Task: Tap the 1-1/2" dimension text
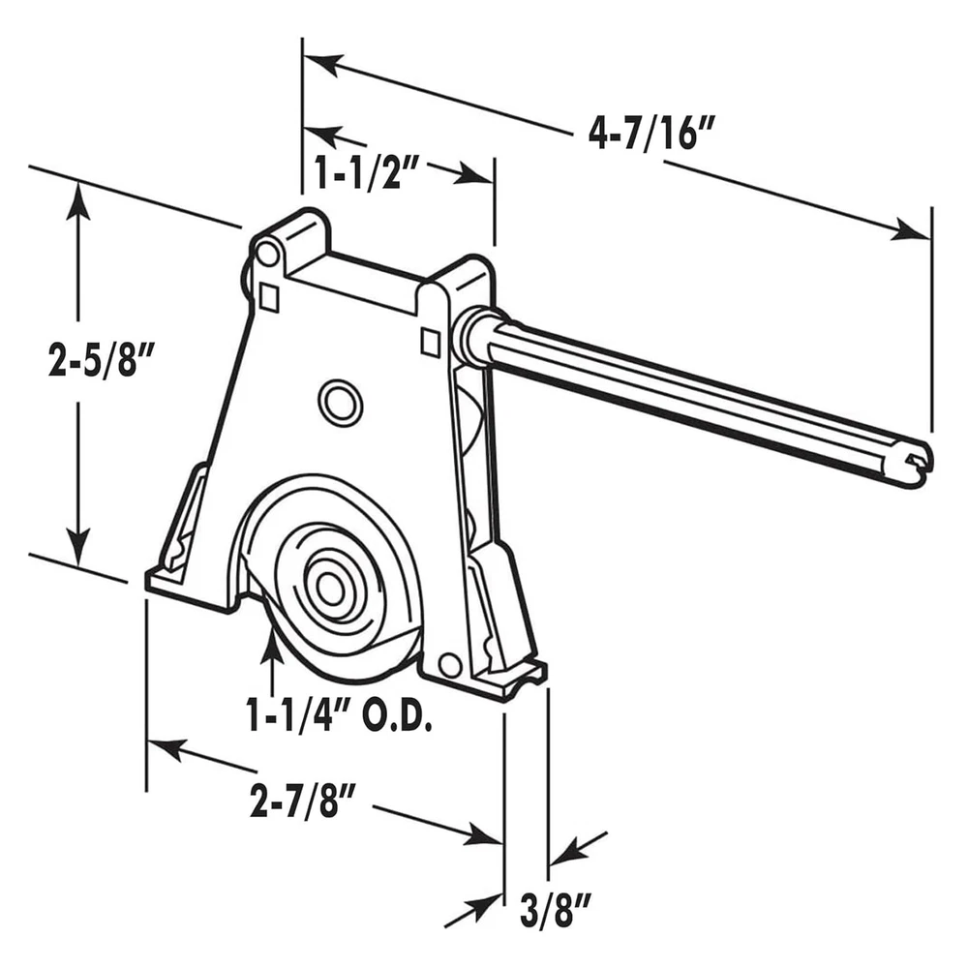coord(367,171)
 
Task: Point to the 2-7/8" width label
coord(304,802)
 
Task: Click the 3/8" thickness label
coord(556,913)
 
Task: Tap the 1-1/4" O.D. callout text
coord(338,714)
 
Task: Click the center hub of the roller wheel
coord(330,585)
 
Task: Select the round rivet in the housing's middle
coord(340,403)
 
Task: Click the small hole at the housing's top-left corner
coord(267,253)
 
